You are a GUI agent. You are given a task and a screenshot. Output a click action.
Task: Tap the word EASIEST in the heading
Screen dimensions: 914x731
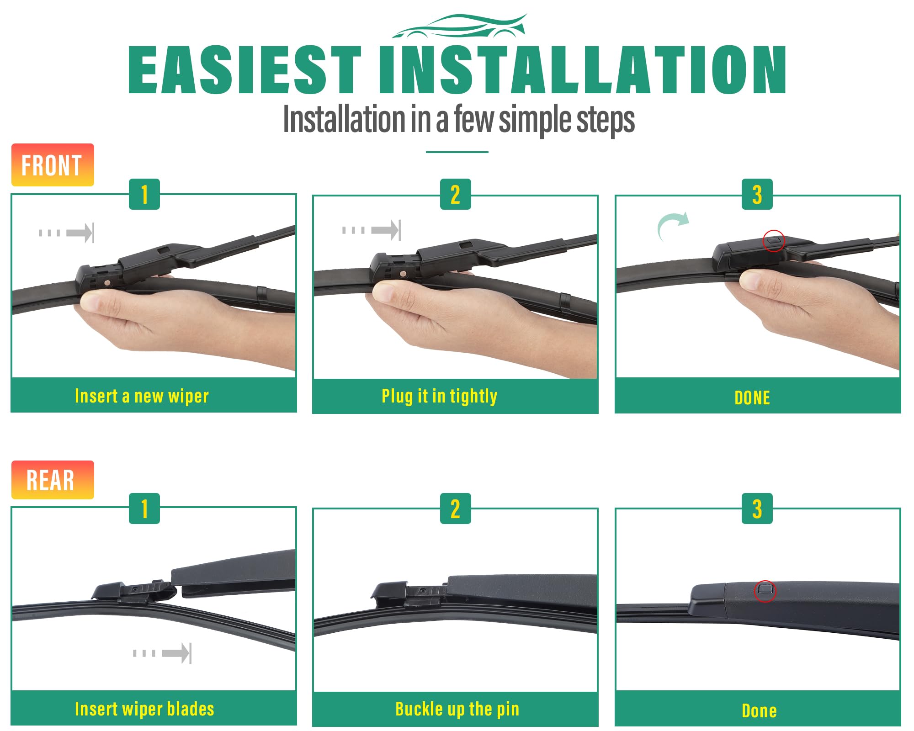point(245,70)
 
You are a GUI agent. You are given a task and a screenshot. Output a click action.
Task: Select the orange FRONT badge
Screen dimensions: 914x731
point(53,165)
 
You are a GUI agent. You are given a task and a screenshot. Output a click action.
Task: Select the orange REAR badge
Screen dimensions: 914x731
point(53,480)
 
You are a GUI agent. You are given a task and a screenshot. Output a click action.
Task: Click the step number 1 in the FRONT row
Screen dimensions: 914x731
point(144,194)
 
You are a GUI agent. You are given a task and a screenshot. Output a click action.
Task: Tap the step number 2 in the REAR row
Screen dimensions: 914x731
point(455,509)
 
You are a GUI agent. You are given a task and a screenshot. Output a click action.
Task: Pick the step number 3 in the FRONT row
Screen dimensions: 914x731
point(757,194)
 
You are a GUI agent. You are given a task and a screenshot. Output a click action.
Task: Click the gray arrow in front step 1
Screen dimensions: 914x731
point(66,233)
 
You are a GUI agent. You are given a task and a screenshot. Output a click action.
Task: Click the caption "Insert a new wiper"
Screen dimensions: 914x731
point(142,396)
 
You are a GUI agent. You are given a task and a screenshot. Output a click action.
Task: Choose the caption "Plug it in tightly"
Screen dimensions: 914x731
point(440,396)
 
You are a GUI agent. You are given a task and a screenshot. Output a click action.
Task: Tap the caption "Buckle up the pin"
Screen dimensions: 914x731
point(457,709)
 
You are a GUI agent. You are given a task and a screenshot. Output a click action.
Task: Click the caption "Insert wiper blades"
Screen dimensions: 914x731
point(144,709)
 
